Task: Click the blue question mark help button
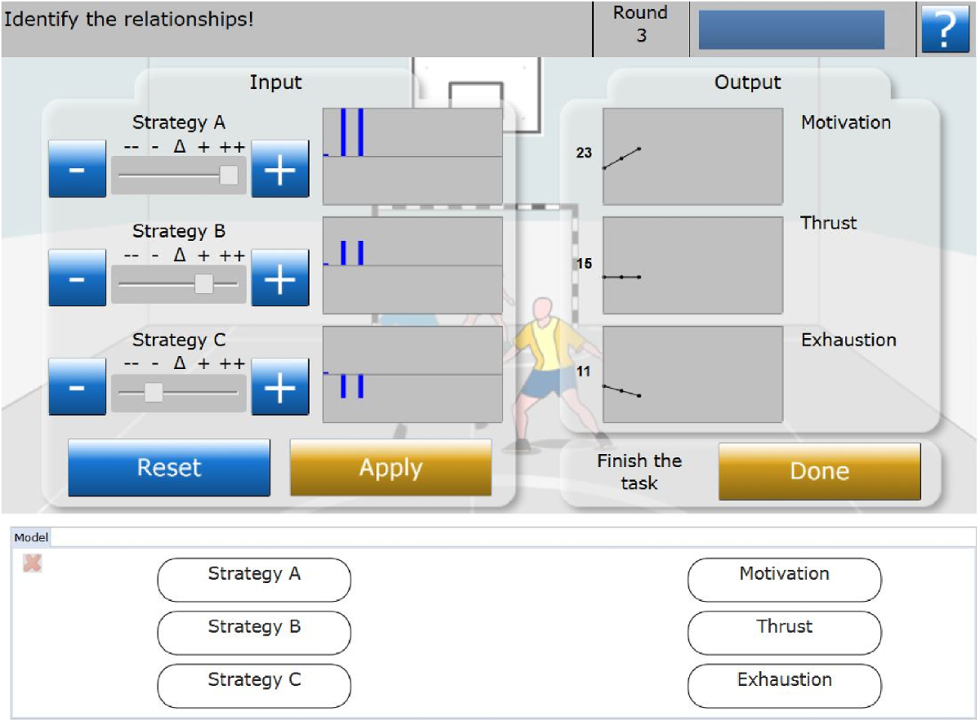point(945,29)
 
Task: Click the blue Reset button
point(169,468)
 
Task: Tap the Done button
point(819,471)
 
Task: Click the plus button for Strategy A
point(280,169)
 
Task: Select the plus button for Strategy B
point(280,278)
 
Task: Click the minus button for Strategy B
point(77,278)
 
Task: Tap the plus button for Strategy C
point(280,387)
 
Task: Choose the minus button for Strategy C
point(77,387)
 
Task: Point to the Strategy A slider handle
point(229,175)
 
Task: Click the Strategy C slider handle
point(153,393)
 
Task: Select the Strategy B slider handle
point(204,283)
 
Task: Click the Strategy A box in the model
point(254,580)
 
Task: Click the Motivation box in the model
point(784,580)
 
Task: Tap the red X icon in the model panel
point(33,563)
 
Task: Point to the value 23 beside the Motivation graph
point(584,153)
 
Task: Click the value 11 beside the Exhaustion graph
point(584,372)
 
